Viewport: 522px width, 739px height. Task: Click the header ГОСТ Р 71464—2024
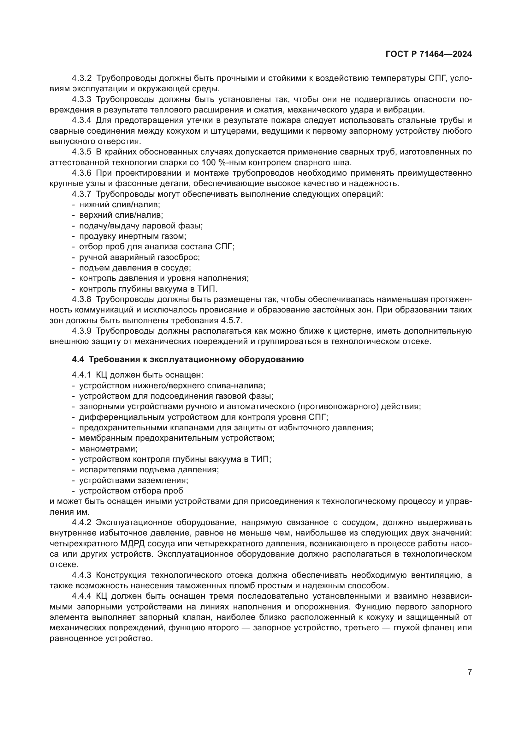(429, 54)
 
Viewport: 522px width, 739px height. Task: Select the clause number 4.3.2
(82, 78)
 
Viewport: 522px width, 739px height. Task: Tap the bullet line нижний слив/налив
(119, 204)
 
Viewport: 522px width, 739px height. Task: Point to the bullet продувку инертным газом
(133, 236)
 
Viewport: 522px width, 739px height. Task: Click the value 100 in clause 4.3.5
(209, 162)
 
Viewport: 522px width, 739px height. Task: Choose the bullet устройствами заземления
(133, 480)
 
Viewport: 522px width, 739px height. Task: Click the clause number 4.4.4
(82, 596)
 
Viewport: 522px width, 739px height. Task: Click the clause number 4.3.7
(82, 194)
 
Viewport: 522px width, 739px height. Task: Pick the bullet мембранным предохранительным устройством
(176, 438)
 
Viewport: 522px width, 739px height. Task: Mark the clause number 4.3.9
(82, 331)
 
